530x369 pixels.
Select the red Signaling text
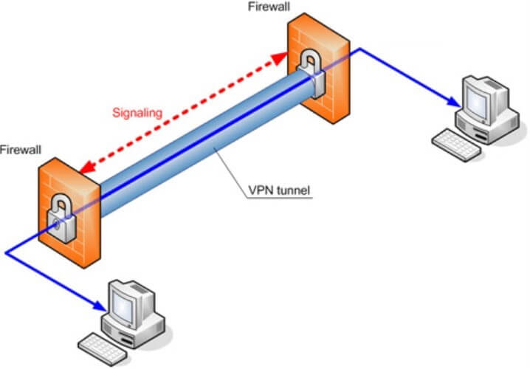(137, 113)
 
